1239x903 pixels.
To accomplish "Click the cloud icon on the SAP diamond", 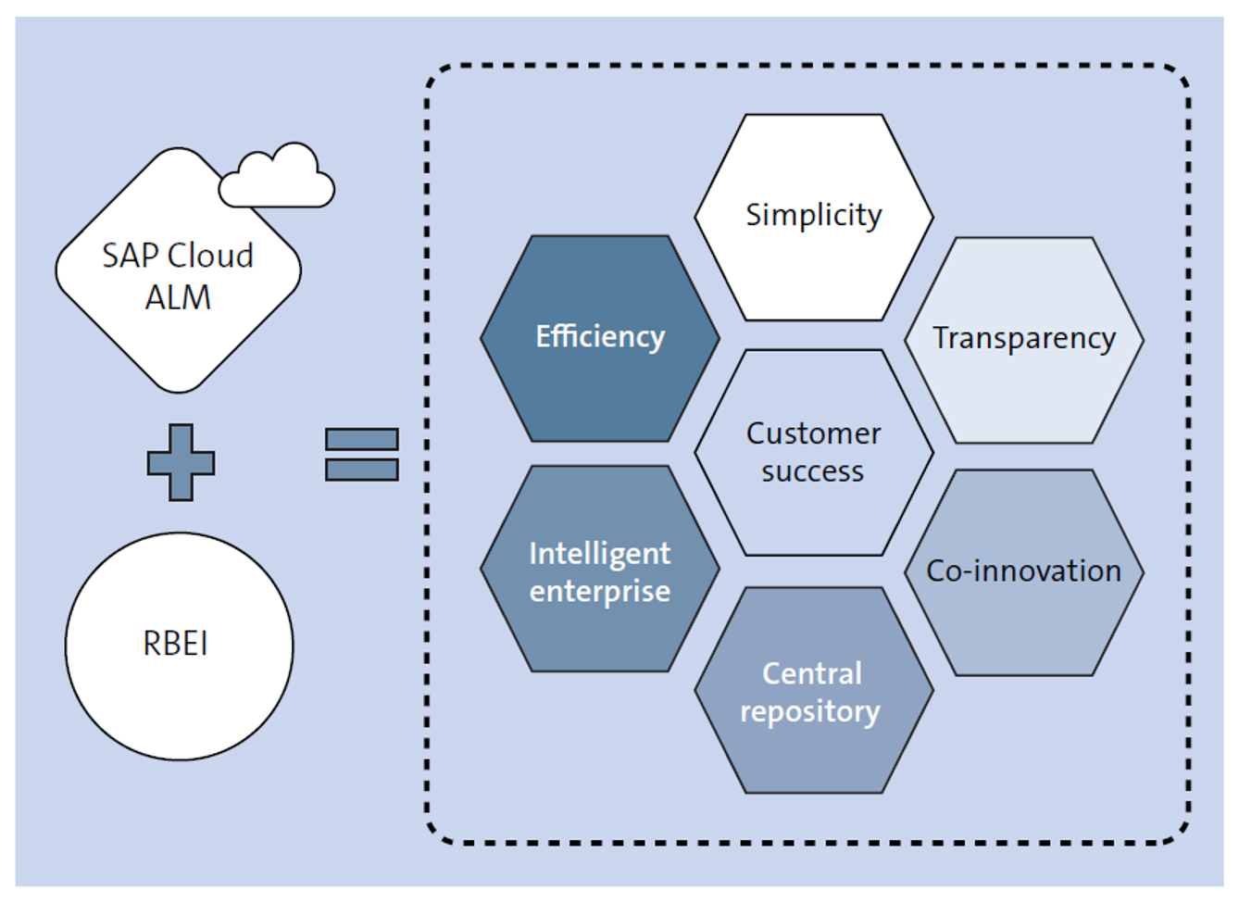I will click(x=277, y=178).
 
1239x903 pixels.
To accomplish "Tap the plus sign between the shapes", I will click(x=181, y=462).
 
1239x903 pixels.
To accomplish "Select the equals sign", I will click(x=362, y=454).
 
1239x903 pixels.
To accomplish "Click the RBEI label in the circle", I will click(x=176, y=644).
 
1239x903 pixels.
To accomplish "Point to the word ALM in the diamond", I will click(x=178, y=298).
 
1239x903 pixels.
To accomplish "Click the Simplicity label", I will click(x=814, y=215).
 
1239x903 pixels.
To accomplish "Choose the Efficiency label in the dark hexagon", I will click(x=600, y=336).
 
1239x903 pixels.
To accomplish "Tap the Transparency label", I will click(x=1023, y=338).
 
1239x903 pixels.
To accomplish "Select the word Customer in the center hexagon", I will click(x=814, y=433).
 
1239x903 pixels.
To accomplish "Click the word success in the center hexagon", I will click(x=812, y=472).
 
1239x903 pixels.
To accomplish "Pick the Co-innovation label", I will click(x=1023, y=571).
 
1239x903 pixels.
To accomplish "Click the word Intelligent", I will click(x=599, y=553).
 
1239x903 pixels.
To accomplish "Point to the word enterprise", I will click(x=599, y=591).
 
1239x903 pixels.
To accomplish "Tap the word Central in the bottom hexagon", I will click(x=812, y=673).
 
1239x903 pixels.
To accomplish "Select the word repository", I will click(x=810, y=711).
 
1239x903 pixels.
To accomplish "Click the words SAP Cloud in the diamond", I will click(x=178, y=256).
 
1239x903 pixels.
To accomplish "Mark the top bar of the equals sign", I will click(x=362, y=439).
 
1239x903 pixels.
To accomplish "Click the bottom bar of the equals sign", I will click(x=362, y=470).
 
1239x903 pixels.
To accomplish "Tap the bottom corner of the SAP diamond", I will click(x=179, y=390).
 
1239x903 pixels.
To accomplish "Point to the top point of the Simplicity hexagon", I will click(x=814, y=115).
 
